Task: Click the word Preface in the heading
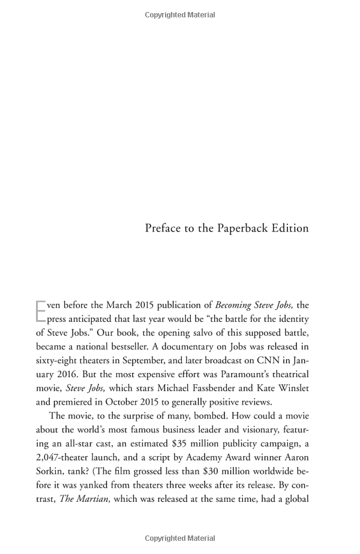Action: click(x=164, y=228)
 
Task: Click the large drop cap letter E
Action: click(x=41, y=312)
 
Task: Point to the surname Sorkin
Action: click(x=51, y=471)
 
